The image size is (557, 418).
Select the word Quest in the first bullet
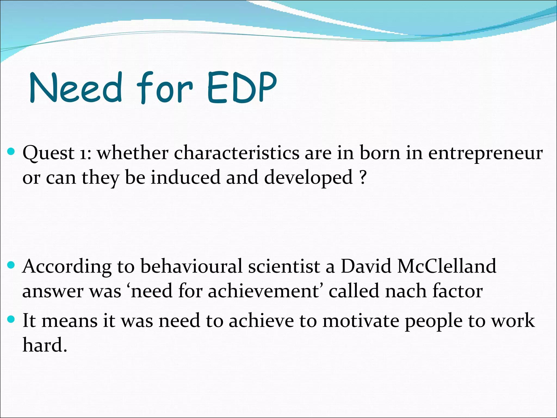48,153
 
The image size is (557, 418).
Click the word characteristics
236,153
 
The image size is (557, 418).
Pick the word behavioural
191,266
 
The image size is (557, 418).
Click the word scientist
284,266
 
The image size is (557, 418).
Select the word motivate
360,321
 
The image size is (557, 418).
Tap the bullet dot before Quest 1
11,151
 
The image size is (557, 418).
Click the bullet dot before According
11,265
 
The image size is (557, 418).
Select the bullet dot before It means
11,319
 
